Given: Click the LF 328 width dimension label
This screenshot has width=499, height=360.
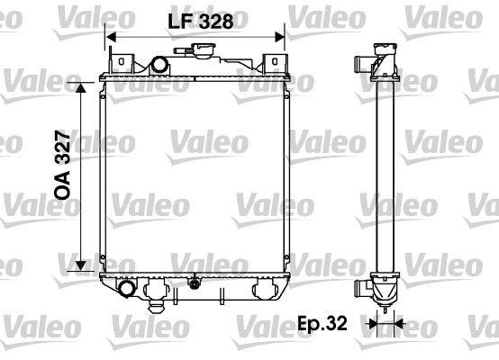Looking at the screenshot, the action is click(200, 22).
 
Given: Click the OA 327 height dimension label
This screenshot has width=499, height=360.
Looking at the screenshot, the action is click(62, 165).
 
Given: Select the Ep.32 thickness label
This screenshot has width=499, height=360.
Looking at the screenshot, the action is click(322, 323).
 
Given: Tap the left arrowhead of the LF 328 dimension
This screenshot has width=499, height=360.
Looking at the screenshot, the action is click(111, 37).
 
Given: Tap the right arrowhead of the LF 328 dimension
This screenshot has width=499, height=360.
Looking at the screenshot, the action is click(279, 37).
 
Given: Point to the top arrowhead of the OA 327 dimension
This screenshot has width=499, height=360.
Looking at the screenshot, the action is click(81, 88).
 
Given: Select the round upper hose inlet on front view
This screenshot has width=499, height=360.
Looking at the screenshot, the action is click(159, 65).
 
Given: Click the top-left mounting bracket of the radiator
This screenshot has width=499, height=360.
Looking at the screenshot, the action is click(122, 62).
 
